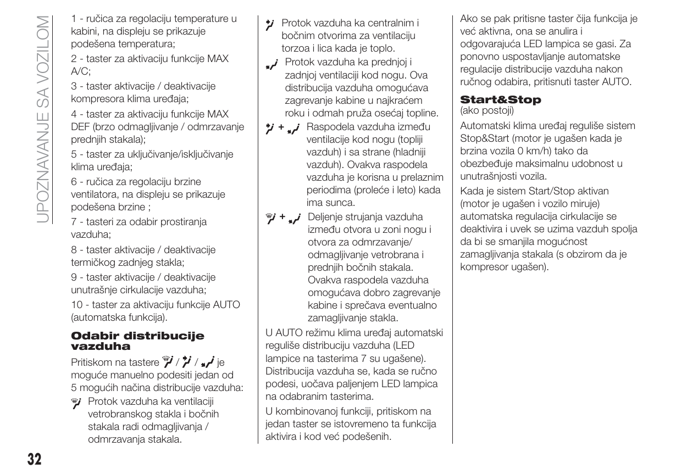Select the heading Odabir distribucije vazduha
(x=137, y=340)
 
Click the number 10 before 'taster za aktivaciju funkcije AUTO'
(x=76, y=304)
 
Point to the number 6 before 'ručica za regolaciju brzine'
(x=74, y=182)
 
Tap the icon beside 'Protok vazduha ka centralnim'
(x=269, y=24)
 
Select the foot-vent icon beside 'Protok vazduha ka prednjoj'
(x=271, y=65)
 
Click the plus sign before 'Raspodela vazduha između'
(x=281, y=127)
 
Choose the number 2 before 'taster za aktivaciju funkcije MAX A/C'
(x=74, y=58)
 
